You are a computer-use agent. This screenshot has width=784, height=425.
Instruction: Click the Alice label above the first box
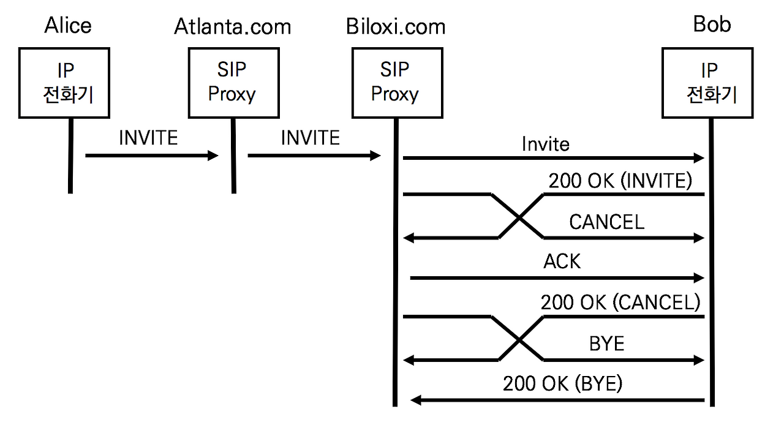pos(68,26)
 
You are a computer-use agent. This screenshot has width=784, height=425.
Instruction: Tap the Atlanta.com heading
pos(232,27)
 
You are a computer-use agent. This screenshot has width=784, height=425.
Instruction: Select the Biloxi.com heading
pos(395,28)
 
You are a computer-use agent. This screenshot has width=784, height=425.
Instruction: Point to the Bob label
pos(712,24)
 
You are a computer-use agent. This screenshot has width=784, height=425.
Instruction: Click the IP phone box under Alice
pos(64,83)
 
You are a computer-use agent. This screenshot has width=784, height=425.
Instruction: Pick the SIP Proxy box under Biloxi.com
pos(395,83)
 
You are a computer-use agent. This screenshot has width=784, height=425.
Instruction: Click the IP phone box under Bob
pos(708,83)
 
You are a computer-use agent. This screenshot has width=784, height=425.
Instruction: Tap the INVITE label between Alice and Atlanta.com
pos(148,138)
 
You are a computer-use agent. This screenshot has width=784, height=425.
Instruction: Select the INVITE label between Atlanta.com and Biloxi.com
pos(310,138)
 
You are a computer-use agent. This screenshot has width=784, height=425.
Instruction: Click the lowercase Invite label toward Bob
pos(545,144)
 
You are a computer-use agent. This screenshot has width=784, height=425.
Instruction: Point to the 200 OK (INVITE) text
pos(620,181)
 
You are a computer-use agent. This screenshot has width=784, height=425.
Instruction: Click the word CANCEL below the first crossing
pos(606,222)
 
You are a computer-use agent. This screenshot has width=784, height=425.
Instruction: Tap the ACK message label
pos(562,261)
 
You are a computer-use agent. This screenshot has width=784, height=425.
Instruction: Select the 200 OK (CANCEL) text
pos(620,302)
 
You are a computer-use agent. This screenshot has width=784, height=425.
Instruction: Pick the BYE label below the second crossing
pos(606,343)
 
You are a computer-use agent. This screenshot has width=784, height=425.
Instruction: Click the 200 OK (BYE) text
pos(562,384)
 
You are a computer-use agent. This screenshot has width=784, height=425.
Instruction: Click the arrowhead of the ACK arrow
pos(698,279)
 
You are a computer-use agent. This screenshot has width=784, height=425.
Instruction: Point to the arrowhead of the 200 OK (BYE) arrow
pos(416,401)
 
